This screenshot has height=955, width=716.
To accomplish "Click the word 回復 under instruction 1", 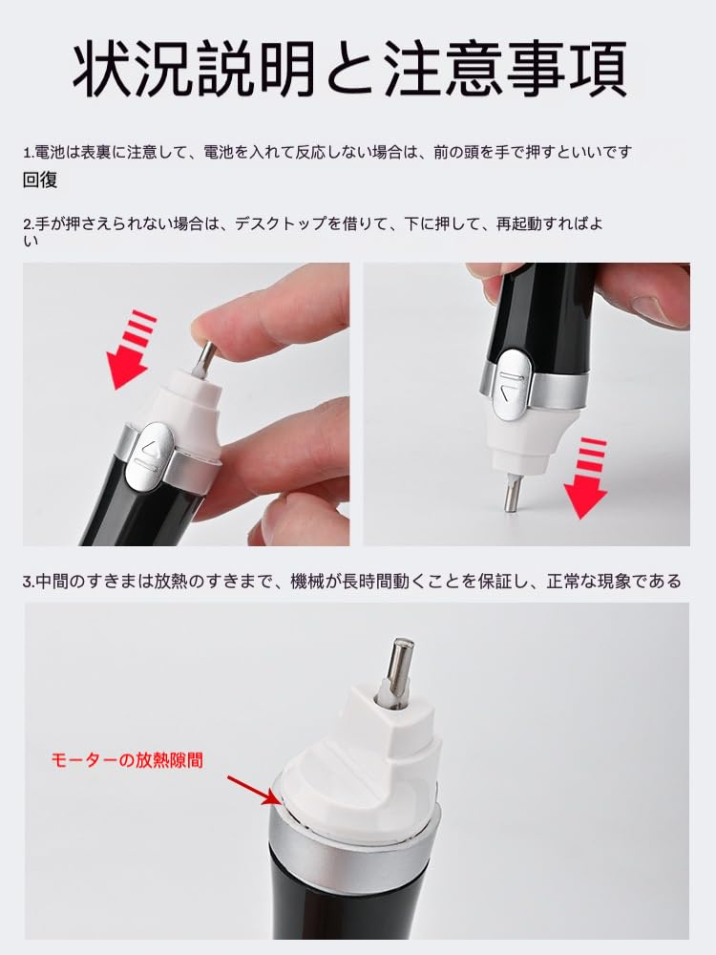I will coord(40,180).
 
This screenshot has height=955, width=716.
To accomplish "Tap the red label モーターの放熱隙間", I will coord(126,760).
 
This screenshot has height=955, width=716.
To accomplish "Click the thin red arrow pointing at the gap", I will coord(250,789).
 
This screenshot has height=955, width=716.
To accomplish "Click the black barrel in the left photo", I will coord(124,511).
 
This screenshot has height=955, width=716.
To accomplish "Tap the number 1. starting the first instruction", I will coord(28,152).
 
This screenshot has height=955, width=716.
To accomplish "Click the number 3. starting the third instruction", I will coord(28,582).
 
